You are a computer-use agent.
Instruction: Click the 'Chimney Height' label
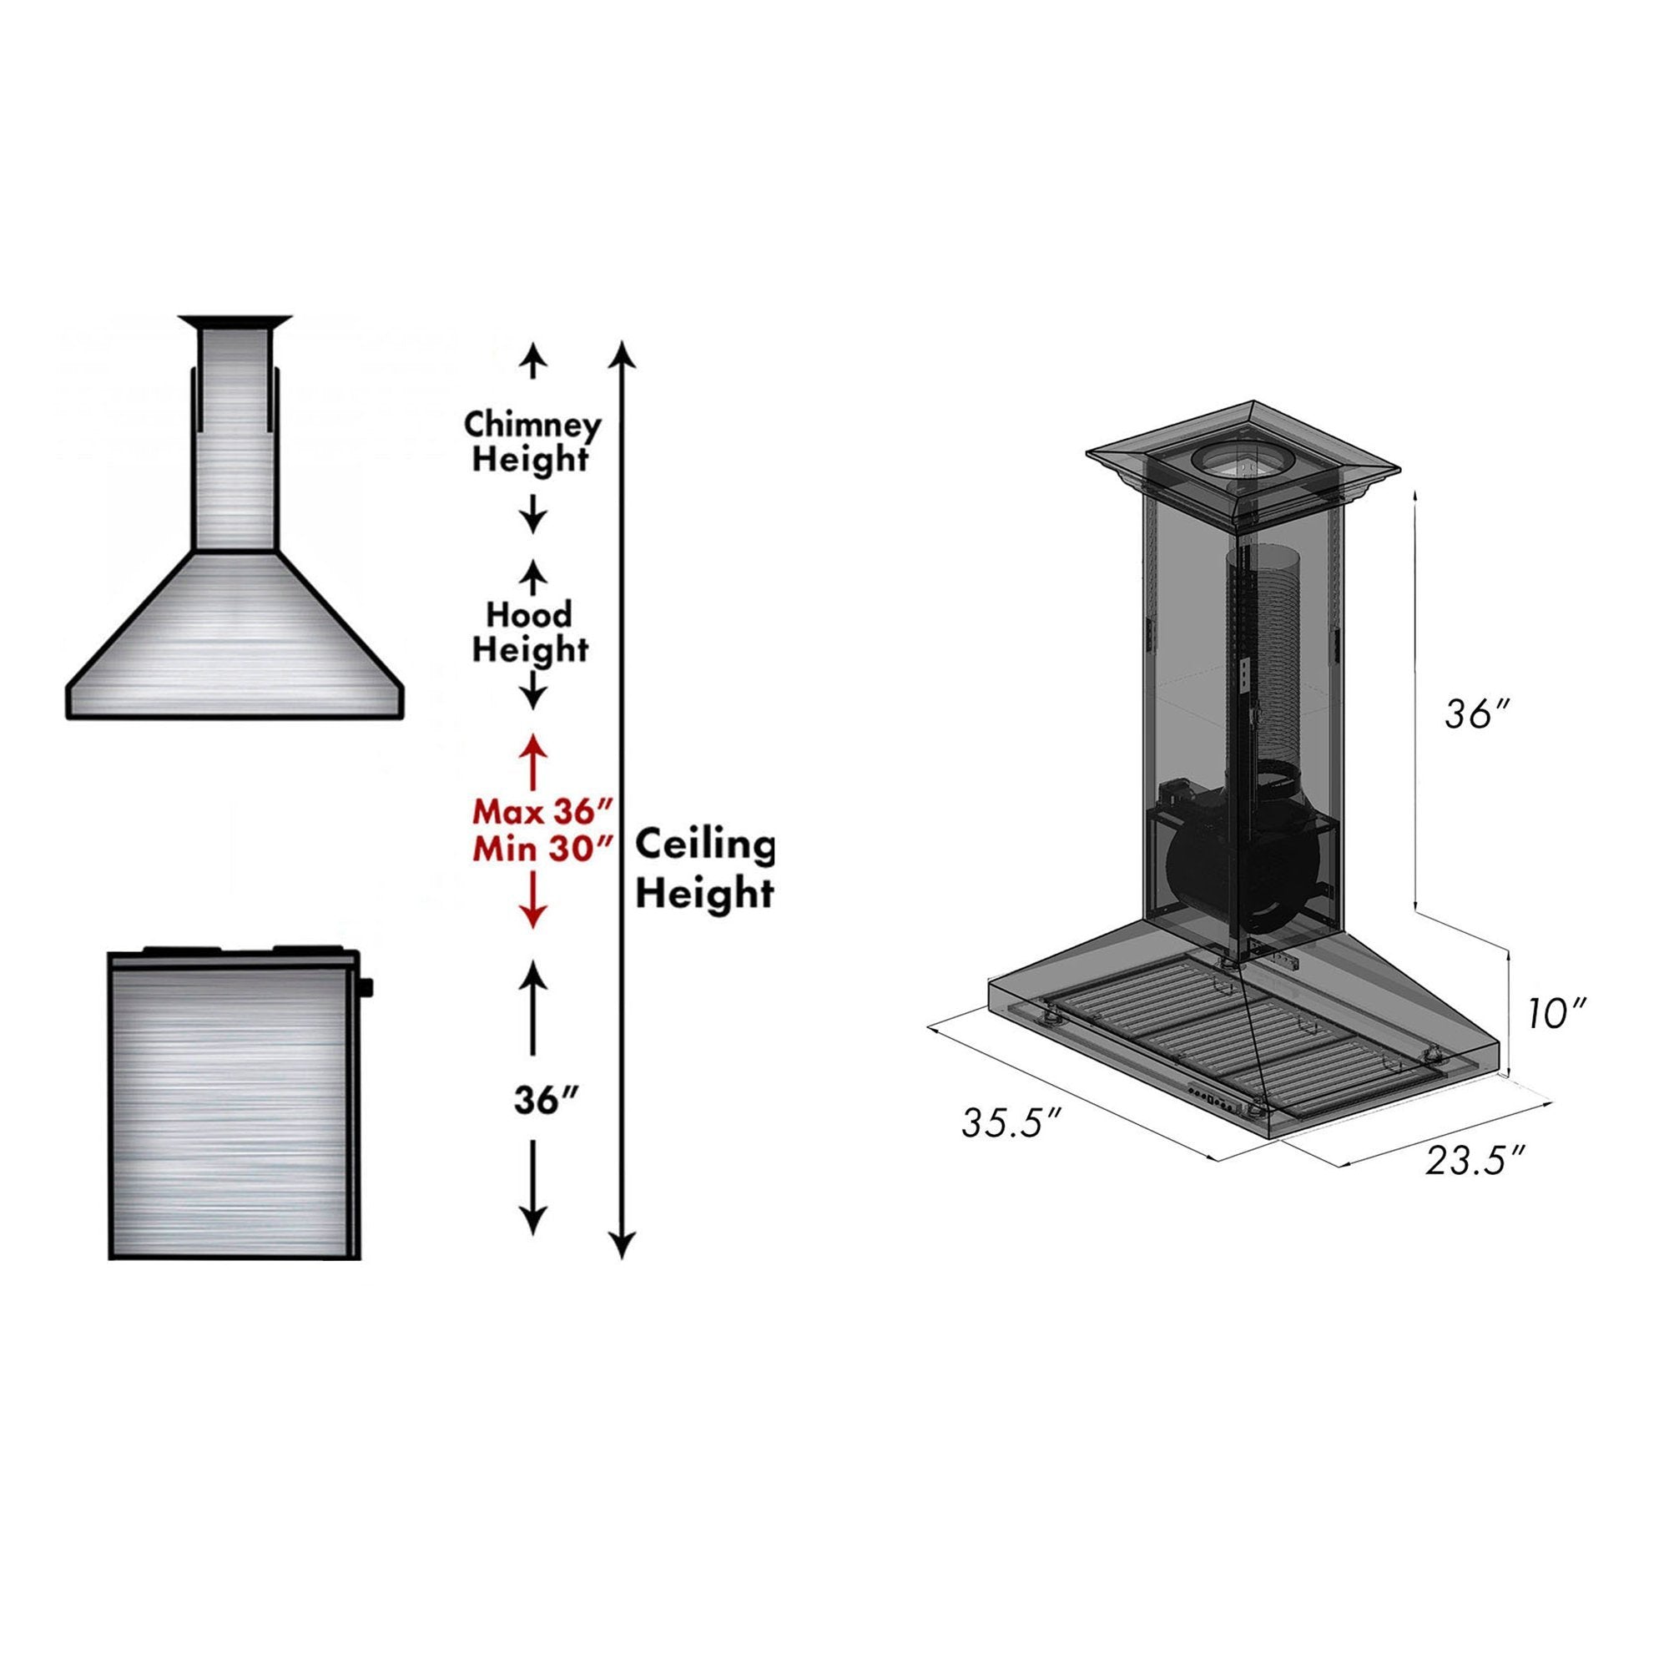click(x=532, y=442)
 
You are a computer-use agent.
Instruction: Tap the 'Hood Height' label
click(x=530, y=633)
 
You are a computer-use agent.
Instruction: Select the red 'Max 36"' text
click(x=542, y=812)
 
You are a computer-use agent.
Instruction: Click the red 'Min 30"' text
click(x=542, y=850)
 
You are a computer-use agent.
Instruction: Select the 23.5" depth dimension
click(x=1475, y=1160)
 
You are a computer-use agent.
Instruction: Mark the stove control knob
click(x=369, y=985)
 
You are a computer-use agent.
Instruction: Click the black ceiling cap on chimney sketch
click(x=234, y=322)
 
